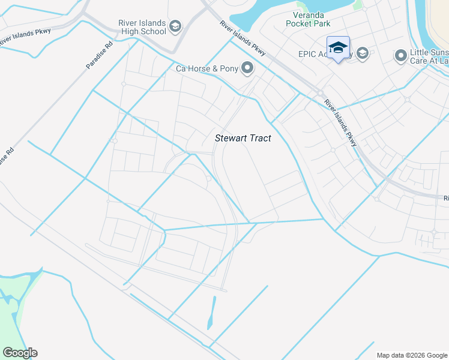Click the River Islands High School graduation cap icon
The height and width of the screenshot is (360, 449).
[175, 25]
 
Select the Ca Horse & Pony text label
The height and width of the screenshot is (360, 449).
[207, 68]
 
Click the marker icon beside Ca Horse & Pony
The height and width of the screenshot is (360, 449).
[247, 68]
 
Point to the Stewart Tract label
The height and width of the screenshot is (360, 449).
[243, 138]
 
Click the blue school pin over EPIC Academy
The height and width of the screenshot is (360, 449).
[338, 47]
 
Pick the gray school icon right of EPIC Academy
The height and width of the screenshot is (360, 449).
[362, 54]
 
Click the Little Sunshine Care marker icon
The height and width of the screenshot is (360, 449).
[400, 56]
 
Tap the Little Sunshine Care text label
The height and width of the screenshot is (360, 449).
[429, 56]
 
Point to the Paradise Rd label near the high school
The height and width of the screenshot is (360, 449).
[100, 55]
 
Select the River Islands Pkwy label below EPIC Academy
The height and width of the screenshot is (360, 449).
[340, 122]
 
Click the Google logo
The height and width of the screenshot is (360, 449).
[20, 353]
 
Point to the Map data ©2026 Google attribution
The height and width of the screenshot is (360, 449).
[412, 355]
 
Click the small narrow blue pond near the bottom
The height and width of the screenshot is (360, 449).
[211, 313]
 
